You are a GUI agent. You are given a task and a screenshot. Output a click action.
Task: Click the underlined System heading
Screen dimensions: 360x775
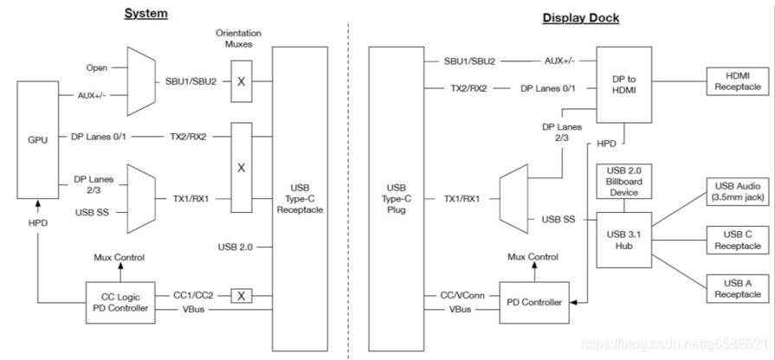145,13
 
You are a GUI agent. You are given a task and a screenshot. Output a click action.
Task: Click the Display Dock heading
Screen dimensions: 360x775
580,17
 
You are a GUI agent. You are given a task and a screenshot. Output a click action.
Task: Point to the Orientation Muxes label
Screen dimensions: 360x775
238,38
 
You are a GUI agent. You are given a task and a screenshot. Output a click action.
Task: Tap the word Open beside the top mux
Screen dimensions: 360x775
97,67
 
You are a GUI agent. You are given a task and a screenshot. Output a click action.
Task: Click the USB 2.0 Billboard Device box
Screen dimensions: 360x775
623,181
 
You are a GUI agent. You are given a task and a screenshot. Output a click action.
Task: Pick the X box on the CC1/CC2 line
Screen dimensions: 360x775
242,295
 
